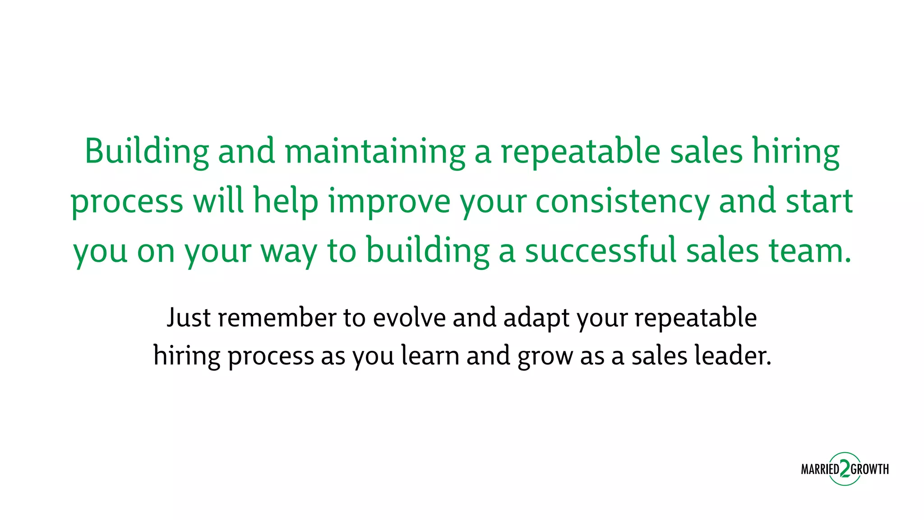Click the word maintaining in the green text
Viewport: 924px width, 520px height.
[x=374, y=152]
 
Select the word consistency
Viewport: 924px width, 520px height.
[x=622, y=201]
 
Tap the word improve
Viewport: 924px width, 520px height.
[x=389, y=201]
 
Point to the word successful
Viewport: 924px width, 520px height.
[x=601, y=251]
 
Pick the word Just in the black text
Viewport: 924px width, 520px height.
[x=189, y=318]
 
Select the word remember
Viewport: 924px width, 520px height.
[x=277, y=318]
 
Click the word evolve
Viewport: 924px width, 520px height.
[x=409, y=318]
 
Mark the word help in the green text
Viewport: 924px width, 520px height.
[x=286, y=201]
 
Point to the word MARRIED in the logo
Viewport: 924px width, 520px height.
[x=820, y=469]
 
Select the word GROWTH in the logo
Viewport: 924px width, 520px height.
[x=870, y=469]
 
